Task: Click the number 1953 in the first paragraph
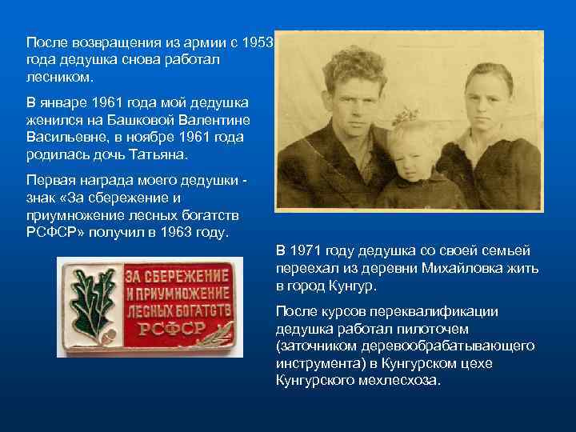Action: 259,42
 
